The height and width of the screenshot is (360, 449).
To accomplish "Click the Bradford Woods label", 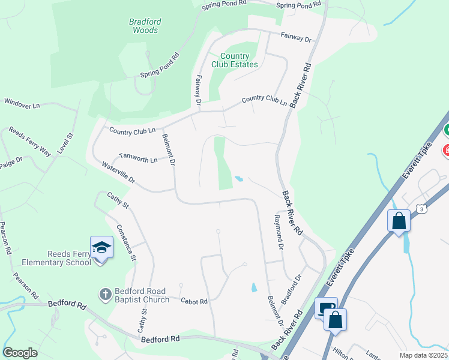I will coord(145,25).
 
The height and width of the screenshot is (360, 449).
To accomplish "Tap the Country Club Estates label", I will coord(235,60).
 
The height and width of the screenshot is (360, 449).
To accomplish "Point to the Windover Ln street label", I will coord(22,103).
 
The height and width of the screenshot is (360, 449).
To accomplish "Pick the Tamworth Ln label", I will coord(138,158).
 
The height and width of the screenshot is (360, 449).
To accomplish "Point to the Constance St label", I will coord(127,242).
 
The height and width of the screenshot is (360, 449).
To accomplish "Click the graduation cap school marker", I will coord(101,247).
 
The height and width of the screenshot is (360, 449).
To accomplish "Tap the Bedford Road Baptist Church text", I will coord(142,296).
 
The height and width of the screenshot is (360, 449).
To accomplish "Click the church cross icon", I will coord(105,294).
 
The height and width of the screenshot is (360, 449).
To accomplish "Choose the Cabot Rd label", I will coord(193,301).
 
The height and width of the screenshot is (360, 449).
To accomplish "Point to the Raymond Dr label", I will coord(278,231).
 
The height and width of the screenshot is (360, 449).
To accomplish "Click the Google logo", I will coord(20,353).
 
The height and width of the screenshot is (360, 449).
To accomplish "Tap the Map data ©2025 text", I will coord(423,355).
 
